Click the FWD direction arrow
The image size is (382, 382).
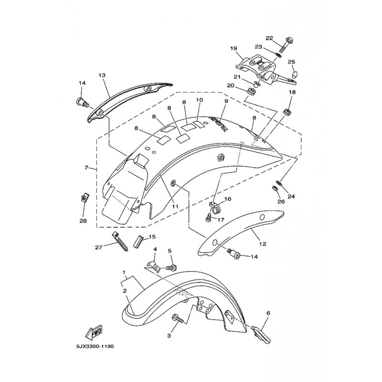click(x=94, y=332)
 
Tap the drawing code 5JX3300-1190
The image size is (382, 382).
click(x=95, y=346)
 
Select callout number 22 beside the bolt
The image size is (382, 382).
click(x=269, y=38)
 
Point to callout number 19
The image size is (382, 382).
click(x=233, y=49)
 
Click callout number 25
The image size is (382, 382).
click(x=291, y=62)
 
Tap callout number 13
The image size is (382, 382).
click(x=102, y=75)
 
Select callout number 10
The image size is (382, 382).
click(x=199, y=100)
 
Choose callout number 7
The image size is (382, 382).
click(x=86, y=168)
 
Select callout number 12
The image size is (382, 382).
click(x=263, y=244)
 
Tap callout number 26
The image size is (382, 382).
click(x=281, y=202)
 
